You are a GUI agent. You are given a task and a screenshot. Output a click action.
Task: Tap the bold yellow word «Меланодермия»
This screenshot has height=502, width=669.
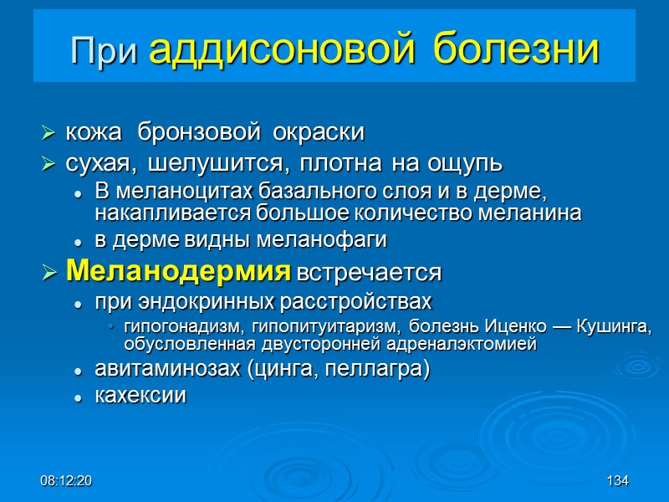tap(178, 272)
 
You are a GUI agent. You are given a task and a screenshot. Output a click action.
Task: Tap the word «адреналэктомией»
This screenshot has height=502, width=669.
tap(467, 343)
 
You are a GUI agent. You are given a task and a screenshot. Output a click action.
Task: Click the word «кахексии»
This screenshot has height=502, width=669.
tap(140, 397)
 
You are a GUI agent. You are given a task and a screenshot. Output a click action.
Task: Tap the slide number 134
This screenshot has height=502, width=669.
tap(618, 483)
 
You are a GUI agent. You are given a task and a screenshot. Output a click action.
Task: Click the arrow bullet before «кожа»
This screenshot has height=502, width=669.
tap(49, 134)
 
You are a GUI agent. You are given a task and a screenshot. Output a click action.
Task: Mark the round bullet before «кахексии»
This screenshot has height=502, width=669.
tap(78, 398)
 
